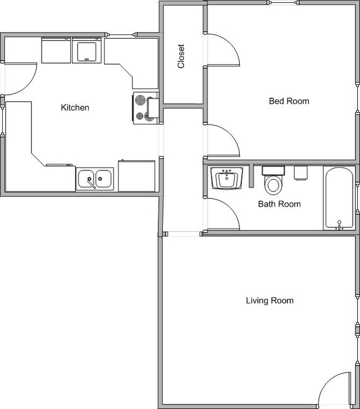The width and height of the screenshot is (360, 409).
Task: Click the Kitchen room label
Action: pos(75,107)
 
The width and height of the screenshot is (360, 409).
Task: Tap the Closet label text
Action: pos(181,56)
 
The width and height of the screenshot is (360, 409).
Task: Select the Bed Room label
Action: pos(289,101)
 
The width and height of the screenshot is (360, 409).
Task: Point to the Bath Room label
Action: pos(279,204)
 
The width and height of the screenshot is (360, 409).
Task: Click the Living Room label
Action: pos(270,301)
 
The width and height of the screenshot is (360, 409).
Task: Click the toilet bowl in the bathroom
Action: pos(274,185)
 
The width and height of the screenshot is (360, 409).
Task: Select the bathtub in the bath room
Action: pos(339,198)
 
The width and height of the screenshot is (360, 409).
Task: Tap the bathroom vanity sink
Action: pos(227,178)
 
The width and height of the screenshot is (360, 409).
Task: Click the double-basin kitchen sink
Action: pos(95,179)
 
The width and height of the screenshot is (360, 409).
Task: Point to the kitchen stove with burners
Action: pos(146,108)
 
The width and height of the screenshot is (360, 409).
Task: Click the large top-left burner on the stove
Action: pos(141,100)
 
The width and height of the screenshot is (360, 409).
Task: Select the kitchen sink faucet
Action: pos(91,183)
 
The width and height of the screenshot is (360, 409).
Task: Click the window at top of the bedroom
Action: pos(283,3)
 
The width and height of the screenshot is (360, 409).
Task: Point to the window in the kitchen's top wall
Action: pos(121,34)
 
